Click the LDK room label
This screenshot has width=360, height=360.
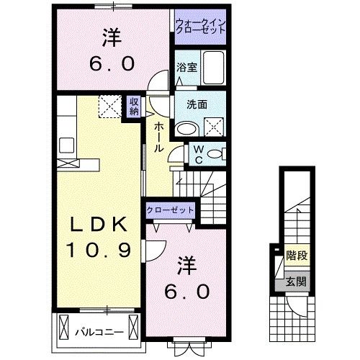[x=100, y=225]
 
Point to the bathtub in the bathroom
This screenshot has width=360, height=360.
[x=212, y=69]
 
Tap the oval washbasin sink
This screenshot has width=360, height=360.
[x=187, y=129]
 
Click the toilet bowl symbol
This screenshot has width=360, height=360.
[x=218, y=153]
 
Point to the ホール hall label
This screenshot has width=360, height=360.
[x=157, y=136]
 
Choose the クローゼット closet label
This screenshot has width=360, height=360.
[x=170, y=210]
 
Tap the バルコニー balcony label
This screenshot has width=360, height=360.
[x=99, y=332]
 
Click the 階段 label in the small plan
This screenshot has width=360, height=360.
[x=294, y=254]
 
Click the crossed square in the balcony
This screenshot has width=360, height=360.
[x=63, y=327]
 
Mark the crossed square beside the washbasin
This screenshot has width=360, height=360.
[x=213, y=128]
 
